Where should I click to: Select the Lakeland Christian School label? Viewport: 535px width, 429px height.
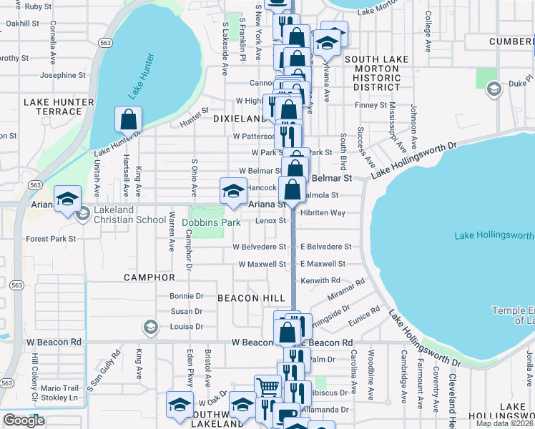[x=130, y=220]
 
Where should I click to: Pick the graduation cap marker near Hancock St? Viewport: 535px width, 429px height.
[x=232, y=190]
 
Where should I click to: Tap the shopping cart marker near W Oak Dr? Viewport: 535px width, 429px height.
[x=267, y=388]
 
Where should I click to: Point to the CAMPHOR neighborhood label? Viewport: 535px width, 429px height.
[x=149, y=277]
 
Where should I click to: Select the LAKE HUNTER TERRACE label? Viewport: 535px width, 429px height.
[x=59, y=107]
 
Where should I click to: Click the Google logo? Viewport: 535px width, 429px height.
[x=24, y=420]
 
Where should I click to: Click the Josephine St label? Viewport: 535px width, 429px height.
[x=63, y=75]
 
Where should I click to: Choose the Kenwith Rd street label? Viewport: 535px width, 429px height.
[x=320, y=280]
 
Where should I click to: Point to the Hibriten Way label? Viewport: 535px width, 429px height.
[x=323, y=213]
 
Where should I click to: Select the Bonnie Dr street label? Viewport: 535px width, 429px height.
[x=187, y=295]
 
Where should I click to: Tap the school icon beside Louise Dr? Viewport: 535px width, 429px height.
[x=150, y=327]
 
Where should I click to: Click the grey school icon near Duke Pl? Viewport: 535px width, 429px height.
[x=493, y=89]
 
